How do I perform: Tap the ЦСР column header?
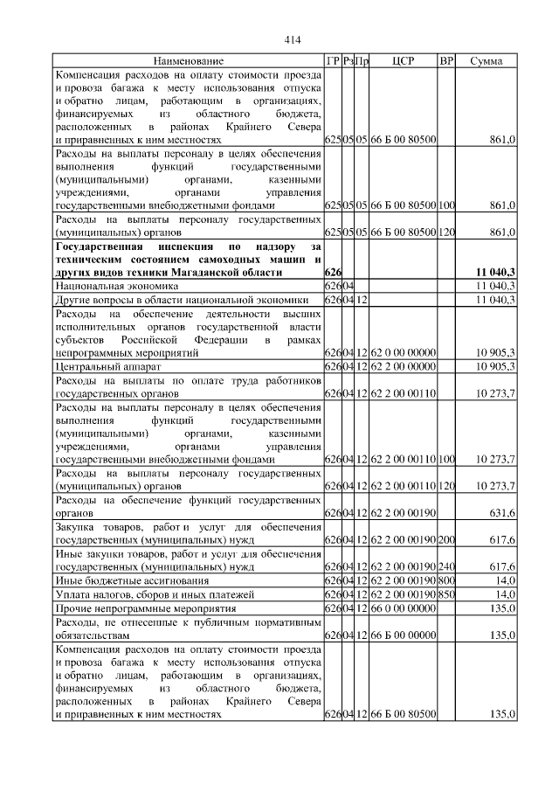pos(403,61)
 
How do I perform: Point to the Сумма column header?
pos(486,61)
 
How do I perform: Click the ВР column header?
pos(446,61)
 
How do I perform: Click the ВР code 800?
pos(446,581)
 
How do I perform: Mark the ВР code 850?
pos(446,594)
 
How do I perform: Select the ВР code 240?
pos(446,567)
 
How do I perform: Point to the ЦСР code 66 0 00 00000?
pos(403,608)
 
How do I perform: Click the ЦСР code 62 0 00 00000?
pos(403,352)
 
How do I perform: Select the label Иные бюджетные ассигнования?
pos(132,581)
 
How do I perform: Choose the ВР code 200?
pos(446,540)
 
